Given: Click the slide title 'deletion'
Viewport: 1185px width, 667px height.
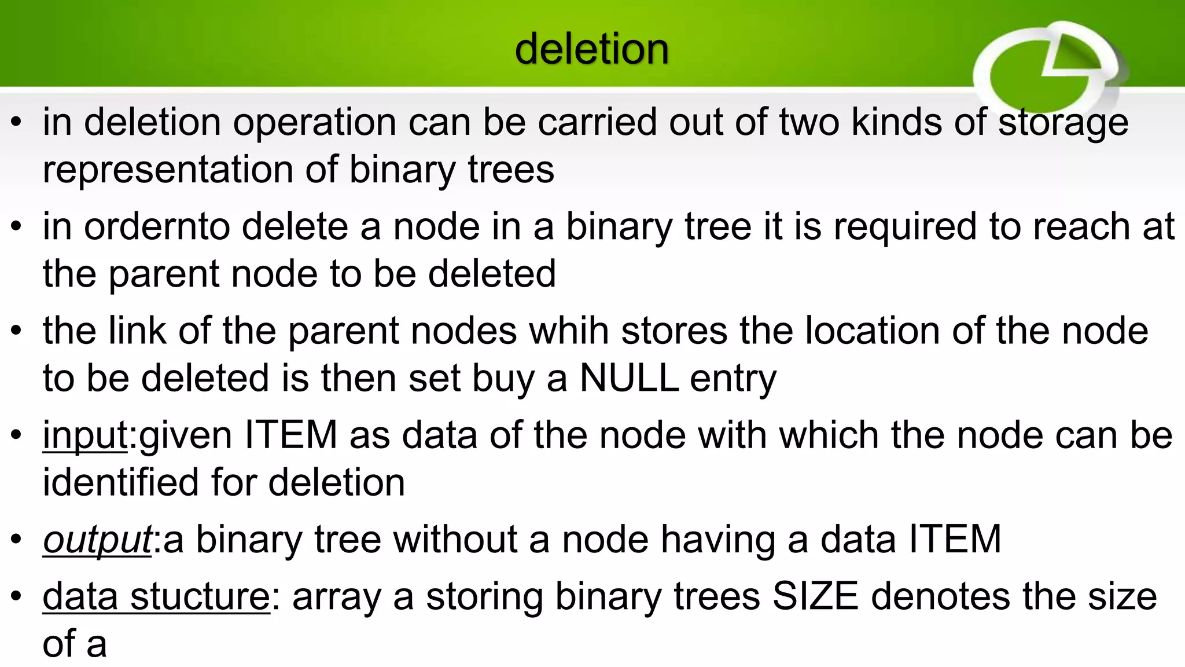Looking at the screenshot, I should click(x=591, y=49).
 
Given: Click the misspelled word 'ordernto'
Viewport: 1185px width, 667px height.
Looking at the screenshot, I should click(x=157, y=226).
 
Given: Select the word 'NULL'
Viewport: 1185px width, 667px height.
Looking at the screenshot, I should click(x=629, y=378).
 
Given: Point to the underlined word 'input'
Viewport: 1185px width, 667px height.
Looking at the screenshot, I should click(x=85, y=435).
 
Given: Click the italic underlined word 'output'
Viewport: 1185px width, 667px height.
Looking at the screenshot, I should click(x=97, y=540).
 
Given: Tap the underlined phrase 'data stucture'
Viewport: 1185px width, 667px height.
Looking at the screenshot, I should click(x=156, y=596).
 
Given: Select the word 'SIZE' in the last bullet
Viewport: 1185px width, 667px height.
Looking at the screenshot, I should click(x=815, y=596).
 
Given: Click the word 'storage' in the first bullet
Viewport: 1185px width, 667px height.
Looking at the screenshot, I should click(x=1063, y=123).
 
